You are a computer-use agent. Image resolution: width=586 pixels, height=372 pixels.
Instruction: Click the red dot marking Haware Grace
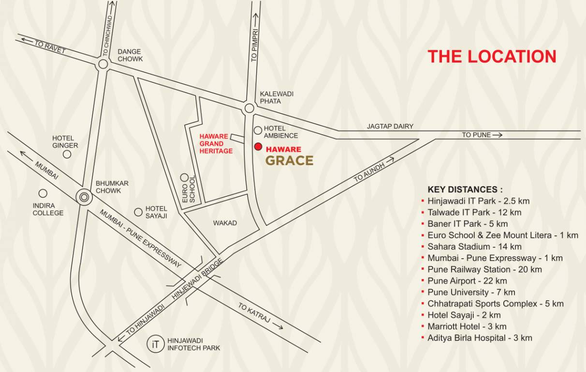click(x=258, y=147)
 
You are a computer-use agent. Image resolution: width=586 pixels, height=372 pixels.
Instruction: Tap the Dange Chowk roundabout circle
click(x=103, y=64)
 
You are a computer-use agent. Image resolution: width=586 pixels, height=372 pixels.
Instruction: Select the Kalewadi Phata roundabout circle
click(x=249, y=108)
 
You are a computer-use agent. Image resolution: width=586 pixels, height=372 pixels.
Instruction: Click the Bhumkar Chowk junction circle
click(x=85, y=197)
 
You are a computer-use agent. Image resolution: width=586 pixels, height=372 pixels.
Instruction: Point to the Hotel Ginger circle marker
click(x=67, y=154)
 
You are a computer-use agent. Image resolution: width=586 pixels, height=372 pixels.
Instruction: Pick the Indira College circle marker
click(x=43, y=193)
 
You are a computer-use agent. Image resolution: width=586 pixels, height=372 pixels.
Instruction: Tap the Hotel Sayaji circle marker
click(x=138, y=212)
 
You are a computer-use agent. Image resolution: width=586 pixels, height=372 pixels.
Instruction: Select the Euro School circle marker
click(x=184, y=177)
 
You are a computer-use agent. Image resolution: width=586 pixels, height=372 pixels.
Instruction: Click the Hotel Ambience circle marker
click(x=258, y=130)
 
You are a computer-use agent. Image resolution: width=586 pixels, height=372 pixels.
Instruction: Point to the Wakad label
click(x=225, y=223)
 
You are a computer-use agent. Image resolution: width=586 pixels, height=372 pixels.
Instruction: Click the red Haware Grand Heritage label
click(x=216, y=144)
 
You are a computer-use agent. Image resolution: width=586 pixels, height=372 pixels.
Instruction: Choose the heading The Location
click(x=492, y=56)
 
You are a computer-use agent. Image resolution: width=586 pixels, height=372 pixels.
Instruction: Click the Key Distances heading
click(x=465, y=189)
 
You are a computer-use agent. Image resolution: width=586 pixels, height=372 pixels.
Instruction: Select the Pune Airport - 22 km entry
click(x=467, y=281)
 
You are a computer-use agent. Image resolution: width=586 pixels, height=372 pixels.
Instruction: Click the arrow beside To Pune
click(x=498, y=135)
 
